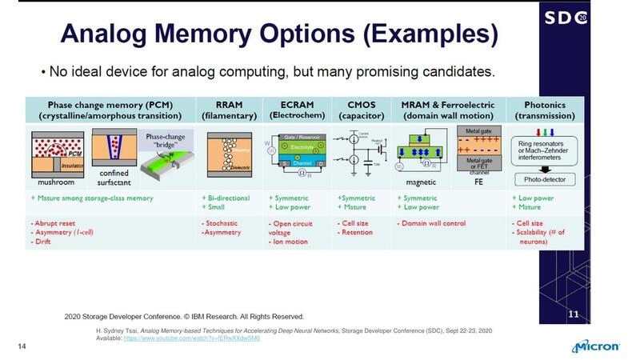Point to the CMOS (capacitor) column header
click(x=362, y=109)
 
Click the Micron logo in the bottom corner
click(x=597, y=346)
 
